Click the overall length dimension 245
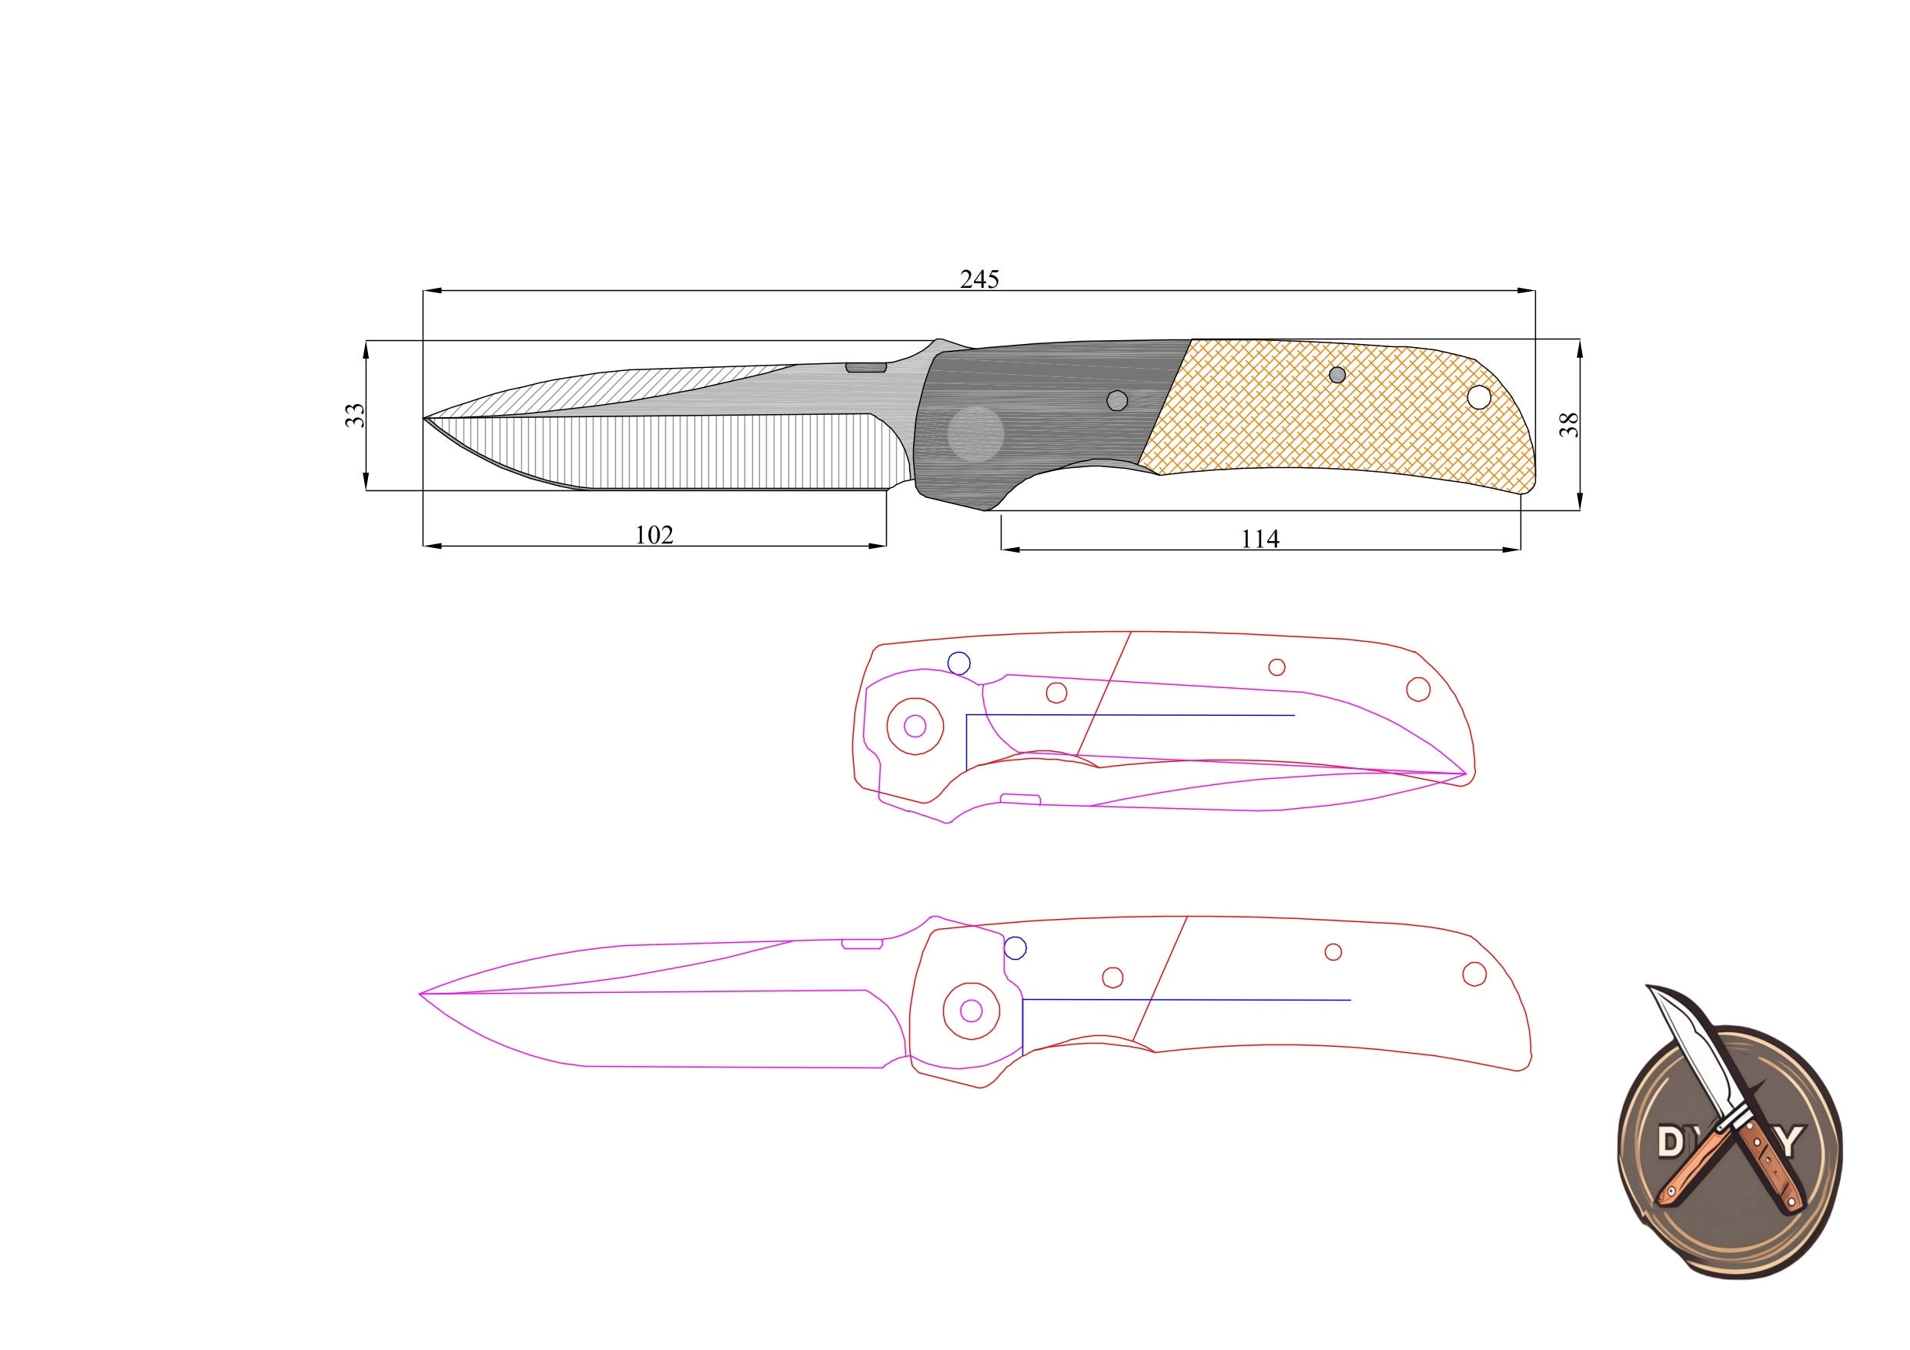pos(979,279)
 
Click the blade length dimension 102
pos(654,535)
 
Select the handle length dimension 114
pos(1259,539)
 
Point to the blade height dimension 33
pos(355,415)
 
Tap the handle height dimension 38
pos(1568,425)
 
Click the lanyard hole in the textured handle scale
pos(1478,398)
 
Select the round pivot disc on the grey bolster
pos(976,434)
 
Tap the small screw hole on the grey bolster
pos(1117,401)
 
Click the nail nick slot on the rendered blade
pos(866,367)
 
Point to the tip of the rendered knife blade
pos(425,418)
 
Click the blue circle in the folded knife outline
pos(959,663)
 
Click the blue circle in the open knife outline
pos(1015,947)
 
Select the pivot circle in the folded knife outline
pos(915,726)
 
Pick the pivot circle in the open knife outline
pos(971,1011)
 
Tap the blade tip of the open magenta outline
pos(422,994)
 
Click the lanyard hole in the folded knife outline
pos(1418,690)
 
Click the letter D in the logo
pos(1672,1143)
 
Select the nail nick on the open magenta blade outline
pos(863,944)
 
